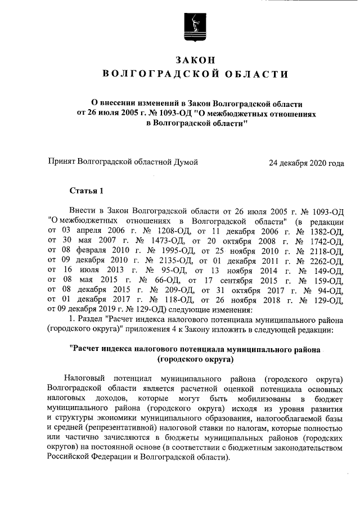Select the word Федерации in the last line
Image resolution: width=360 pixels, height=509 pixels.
pos(121,457)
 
